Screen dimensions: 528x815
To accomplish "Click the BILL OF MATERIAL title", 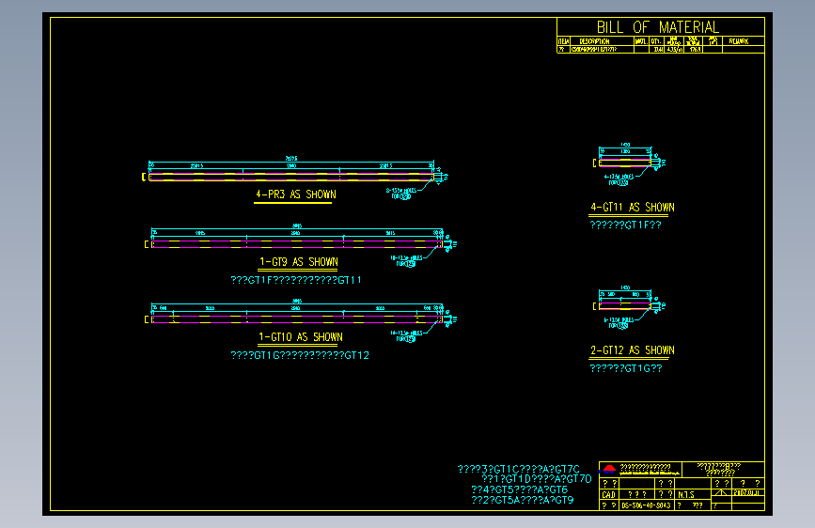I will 658,27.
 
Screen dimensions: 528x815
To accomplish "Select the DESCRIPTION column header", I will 594,41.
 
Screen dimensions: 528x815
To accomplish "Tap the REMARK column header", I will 739,41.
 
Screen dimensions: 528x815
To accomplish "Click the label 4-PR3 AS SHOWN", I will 295,194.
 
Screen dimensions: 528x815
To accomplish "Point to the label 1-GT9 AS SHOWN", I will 298,262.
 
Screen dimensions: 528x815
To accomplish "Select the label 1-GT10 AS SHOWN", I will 300,337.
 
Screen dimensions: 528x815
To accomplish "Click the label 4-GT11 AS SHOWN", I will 632,208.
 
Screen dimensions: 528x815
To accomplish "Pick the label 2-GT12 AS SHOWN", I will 632,350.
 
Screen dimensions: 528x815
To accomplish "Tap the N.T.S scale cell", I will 685,494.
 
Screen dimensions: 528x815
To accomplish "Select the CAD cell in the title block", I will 608,494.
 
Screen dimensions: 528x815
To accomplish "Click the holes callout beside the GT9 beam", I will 408,259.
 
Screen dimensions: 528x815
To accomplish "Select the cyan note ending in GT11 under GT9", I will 296,280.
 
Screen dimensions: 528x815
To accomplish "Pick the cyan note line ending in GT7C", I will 518,468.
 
